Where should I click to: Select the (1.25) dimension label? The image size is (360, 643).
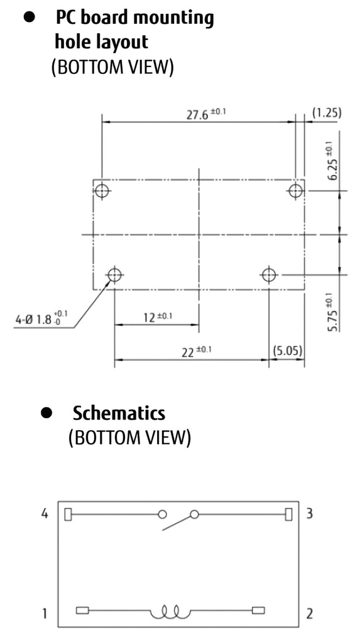tap(327, 113)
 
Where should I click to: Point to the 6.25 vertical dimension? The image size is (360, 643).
tap(333, 163)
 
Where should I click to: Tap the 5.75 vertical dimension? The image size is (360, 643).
tap(334, 312)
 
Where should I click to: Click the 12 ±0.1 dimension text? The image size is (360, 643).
tap(158, 316)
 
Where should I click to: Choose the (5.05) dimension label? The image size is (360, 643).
tap(287, 351)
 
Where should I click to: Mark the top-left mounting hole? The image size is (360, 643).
tap(102, 191)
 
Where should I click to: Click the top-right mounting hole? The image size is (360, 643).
tap(295, 191)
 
